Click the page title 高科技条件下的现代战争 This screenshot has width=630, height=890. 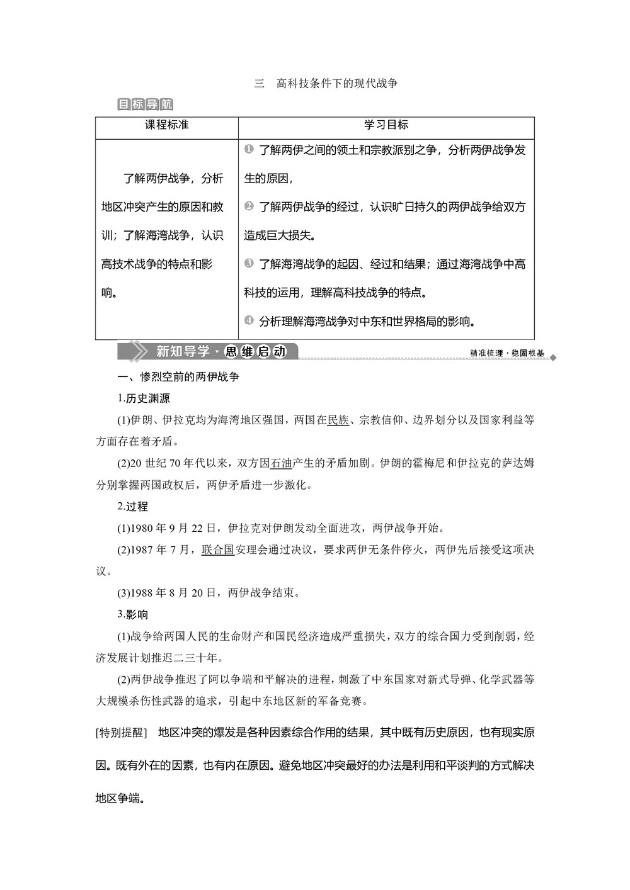point(337,83)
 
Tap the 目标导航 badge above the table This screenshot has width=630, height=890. point(145,104)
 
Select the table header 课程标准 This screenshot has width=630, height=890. point(167,125)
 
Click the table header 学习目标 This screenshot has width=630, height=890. point(386,125)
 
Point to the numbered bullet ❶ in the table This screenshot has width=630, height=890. point(249,149)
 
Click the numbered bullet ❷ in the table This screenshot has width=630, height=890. point(249,206)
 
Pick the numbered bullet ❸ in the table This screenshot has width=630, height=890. point(249,263)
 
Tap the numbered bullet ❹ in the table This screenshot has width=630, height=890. point(249,320)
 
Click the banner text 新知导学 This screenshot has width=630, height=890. point(183,351)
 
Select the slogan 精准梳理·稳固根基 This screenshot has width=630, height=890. point(507,354)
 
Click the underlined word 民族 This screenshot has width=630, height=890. point(338,420)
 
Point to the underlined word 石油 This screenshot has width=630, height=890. point(281,463)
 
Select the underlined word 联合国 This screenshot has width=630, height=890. point(218,549)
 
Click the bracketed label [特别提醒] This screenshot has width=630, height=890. point(122,733)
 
